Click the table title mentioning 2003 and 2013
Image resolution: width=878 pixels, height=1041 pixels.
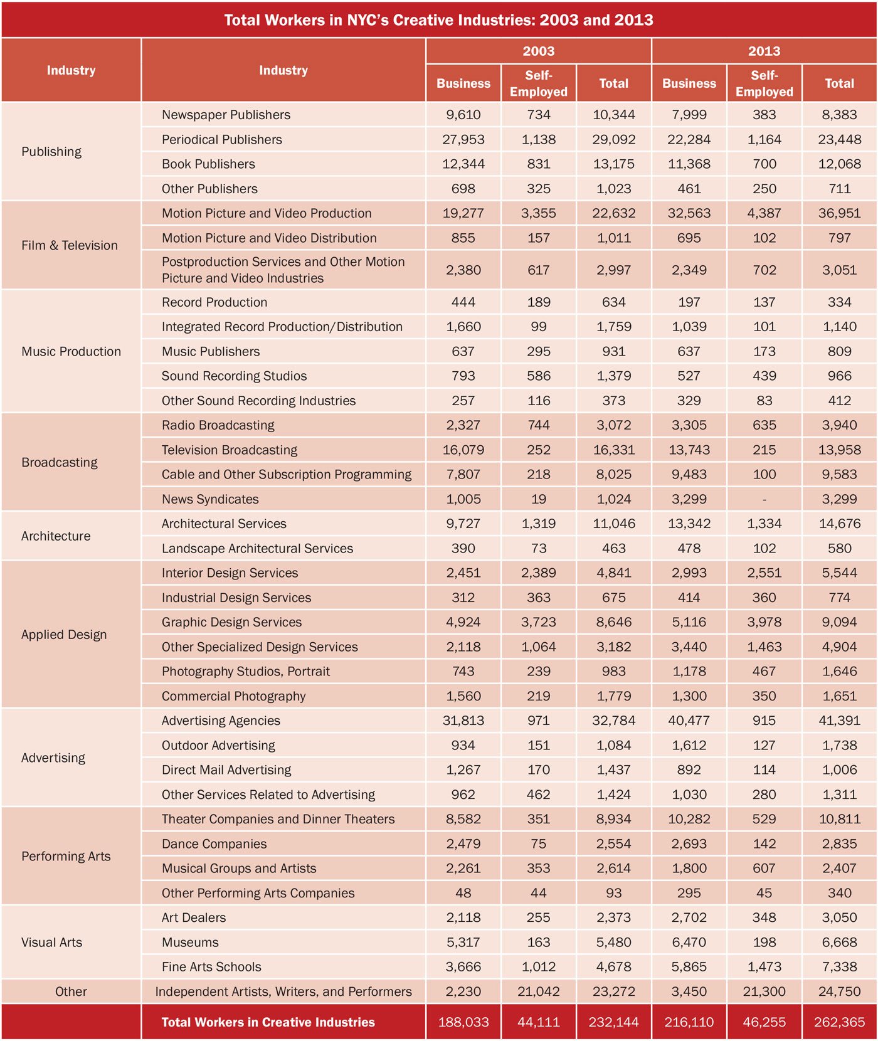point(438,20)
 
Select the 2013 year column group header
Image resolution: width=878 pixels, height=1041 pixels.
point(764,51)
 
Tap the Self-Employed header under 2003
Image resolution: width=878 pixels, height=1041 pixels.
point(538,83)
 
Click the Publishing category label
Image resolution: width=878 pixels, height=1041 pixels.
point(51,152)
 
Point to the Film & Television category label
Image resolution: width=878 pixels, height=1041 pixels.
point(70,245)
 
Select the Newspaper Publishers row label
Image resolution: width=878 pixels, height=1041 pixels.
point(226,115)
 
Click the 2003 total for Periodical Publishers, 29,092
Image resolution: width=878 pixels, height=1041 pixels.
point(613,139)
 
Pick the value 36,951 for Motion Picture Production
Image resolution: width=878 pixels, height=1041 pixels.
point(839,213)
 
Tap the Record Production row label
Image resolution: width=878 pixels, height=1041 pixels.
point(214,302)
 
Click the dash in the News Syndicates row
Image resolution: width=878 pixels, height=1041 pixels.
point(764,499)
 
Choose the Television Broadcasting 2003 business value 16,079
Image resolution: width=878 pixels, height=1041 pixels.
point(463,450)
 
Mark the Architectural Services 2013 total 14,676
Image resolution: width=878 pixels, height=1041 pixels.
point(839,524)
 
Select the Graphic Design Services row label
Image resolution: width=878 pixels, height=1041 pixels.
point(231,622)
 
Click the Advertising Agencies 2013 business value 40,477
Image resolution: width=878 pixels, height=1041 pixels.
point(689,721)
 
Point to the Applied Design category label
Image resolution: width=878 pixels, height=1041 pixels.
point(64,635)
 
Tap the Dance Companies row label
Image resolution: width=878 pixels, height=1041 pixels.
point(214,844)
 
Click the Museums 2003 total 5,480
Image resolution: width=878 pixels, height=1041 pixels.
point(613,943)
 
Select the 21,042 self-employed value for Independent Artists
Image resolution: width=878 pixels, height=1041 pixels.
point(538,991)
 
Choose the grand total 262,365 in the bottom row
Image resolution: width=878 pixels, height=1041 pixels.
point(839,1022)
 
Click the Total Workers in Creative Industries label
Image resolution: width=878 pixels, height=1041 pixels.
point(268,1022)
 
